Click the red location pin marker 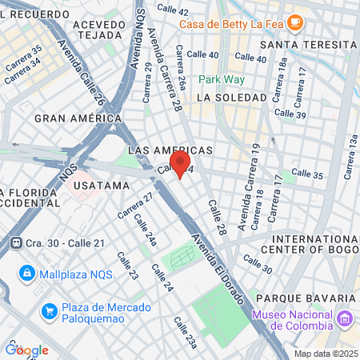(179, 162)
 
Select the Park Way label (221, 79)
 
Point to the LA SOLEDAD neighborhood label (230, 97)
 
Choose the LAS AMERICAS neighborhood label (170, 150)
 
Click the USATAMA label (101, 185)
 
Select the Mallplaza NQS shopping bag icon (26, 273)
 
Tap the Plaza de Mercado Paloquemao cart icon (49, 310)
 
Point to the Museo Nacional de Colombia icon (346, 319)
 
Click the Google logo (26, 350)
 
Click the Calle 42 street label (173, 10)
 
